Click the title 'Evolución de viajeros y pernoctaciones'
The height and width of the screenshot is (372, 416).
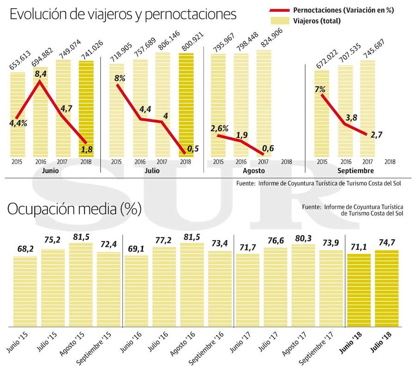123,14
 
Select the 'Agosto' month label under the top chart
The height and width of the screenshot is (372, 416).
254,171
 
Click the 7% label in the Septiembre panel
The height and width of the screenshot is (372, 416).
320,90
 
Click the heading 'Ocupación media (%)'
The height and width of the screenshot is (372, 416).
74,209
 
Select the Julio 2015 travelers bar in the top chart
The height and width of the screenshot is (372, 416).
116,111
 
